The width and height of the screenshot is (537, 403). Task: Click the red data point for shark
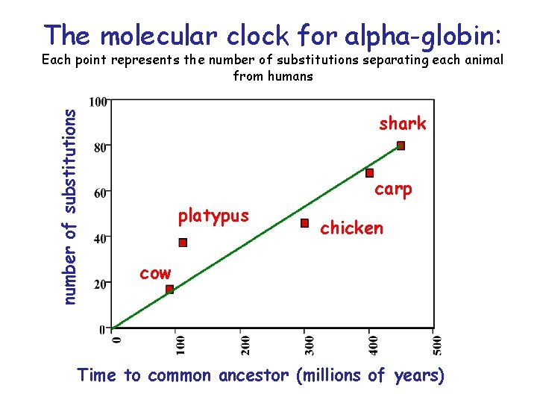(x=401, y=146)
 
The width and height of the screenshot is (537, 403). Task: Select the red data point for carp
(x=369, y=173)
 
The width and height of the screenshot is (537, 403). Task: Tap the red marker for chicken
(x=304, y=223)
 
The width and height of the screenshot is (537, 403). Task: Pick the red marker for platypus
(x=183, y=243)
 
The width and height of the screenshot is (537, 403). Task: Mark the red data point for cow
(x=169, y=290)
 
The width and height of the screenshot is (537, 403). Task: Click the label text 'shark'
(x=402, y=123)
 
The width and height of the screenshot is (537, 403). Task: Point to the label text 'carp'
(x=393, y=190)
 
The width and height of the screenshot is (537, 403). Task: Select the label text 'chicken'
(x=351, y=228)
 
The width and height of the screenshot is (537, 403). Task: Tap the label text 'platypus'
(x=213, y=216)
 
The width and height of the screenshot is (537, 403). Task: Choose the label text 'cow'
(x=155, y=273)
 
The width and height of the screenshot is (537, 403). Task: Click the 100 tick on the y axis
(x=97, y=101)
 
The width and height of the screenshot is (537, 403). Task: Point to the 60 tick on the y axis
(x=100, y=193)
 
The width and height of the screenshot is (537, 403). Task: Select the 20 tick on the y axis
(x=100, y=284)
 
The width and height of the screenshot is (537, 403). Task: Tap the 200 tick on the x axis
(x=245, y=344)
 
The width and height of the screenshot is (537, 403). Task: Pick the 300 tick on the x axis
(x=310, y=344)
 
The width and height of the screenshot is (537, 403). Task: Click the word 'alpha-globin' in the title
(x=427, y=36)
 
